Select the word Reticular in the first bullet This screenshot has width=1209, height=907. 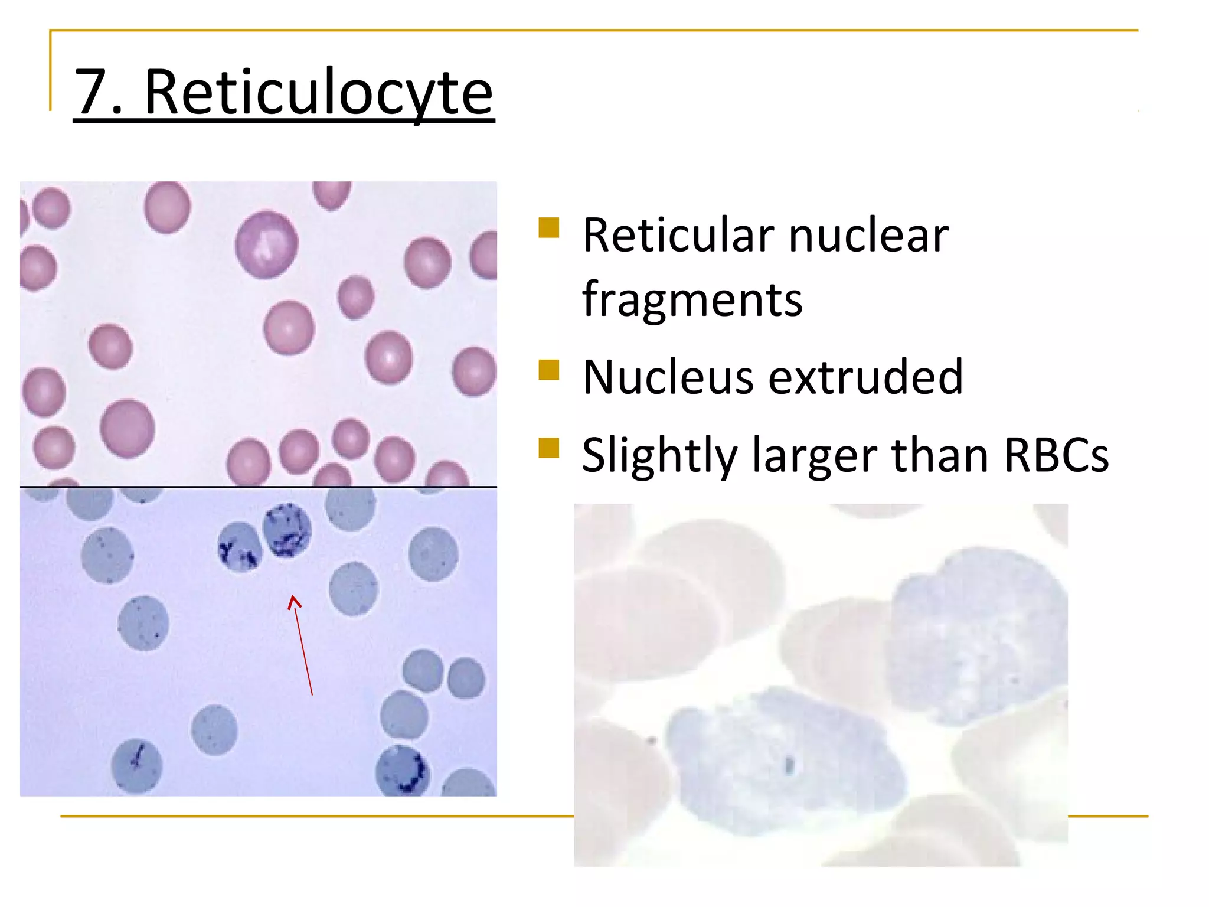tap(677, 236)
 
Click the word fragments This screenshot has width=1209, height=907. tap(692, 300)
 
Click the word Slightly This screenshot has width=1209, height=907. tap(659, 456)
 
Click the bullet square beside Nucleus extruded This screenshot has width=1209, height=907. tap(548, 370)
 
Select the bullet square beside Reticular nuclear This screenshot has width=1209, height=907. tap(548, 227)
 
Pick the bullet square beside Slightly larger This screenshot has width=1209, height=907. tap(548, 448)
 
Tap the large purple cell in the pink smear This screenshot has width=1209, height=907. tap(266, 244)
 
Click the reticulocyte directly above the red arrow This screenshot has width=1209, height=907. tap(286, 530)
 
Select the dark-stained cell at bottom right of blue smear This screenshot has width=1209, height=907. tap(403, 771)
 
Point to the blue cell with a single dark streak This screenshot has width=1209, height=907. tap(137, 766)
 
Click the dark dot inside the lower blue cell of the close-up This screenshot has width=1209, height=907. tap(789, 765)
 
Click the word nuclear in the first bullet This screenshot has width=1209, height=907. tap(868, 236)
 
